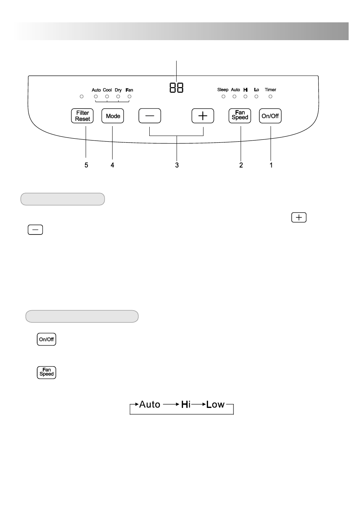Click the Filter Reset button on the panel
pos(82,116)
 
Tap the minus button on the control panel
pos(150,116)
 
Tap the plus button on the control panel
pos(203,116)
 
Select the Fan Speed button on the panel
pos(240,116)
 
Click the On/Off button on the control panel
pos(270,116)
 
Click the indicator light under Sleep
pos(224,97)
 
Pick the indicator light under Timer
pos(270,97)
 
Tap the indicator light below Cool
pos(107,97)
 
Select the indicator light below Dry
pos(118,97)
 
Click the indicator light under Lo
pos(257,97)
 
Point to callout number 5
pos(86,165)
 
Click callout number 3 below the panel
pos(177,165)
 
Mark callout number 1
pos(271,165)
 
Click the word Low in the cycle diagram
pos(216,405)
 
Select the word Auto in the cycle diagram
pos(150,405)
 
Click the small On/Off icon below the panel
pos(47,339)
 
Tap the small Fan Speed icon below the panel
pos(47,372)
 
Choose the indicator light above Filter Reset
pos(81,97)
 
